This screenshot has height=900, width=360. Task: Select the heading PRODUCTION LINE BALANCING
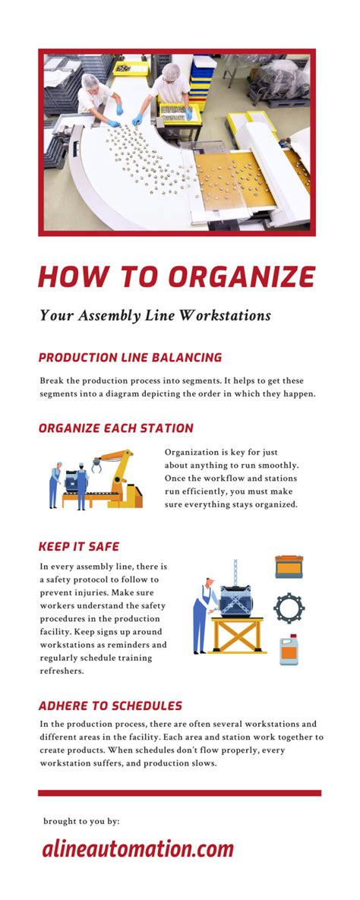130,357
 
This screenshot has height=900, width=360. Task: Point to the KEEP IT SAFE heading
79,546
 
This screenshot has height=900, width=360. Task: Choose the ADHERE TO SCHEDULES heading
110,706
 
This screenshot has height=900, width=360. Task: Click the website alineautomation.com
137,849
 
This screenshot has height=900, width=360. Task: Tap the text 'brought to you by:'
81,821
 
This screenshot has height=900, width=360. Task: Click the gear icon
289,608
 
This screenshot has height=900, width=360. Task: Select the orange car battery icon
289,567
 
